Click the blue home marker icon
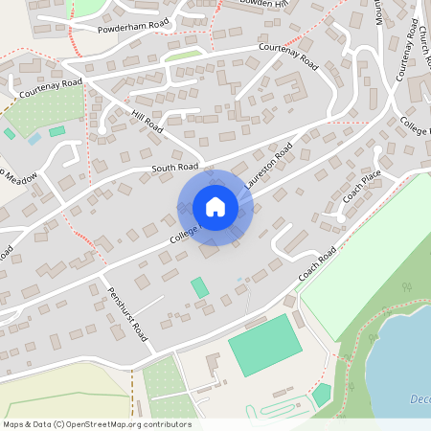pos(215,207)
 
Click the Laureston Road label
pos(268,168)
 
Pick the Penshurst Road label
pos(127,315)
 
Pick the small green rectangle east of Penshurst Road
pos(199,287)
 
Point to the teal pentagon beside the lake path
pos(322,394)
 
